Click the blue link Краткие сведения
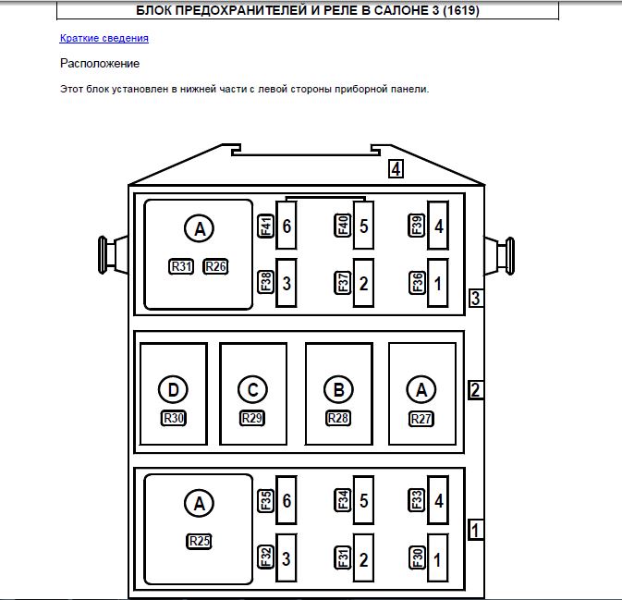click(x=104, y=38)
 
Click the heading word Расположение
click(x=100, y=64)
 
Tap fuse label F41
click(x=266, y=226)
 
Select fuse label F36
click(x=417, y=283)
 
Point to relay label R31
click(x=181, y=266)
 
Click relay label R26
click(x=215, y=266)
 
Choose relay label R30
click(x=174, y=418)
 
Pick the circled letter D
click(x=174, y=390)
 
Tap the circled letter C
click(x=252, y=390)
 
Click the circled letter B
click(x=339, y=390)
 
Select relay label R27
click(x=421, y=419)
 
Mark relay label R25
click(x=199, y=541)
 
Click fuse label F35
click(x=266, y=500)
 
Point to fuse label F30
click(x=417, y=557)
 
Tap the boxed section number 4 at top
click(x=396, y=169)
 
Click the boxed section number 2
click(x=475, y=390)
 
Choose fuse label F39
click(x=417, y=226)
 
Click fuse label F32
click(x=266, y=557)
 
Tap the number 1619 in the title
click(x=460, y=10)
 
